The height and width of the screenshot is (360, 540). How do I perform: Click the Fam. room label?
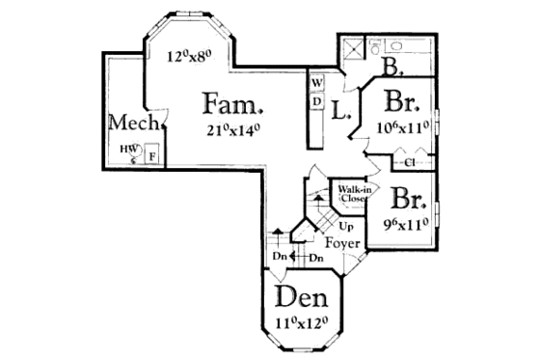point(232,102)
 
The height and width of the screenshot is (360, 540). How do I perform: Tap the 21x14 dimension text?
point(232,129)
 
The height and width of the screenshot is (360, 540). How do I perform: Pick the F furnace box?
point(151,154)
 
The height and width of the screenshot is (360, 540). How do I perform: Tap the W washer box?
point(315,82)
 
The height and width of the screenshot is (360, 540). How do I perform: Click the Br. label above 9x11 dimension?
point(409,199)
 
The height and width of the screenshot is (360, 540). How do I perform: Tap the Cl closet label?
point(409,161)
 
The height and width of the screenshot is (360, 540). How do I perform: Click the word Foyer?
point(341,242)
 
